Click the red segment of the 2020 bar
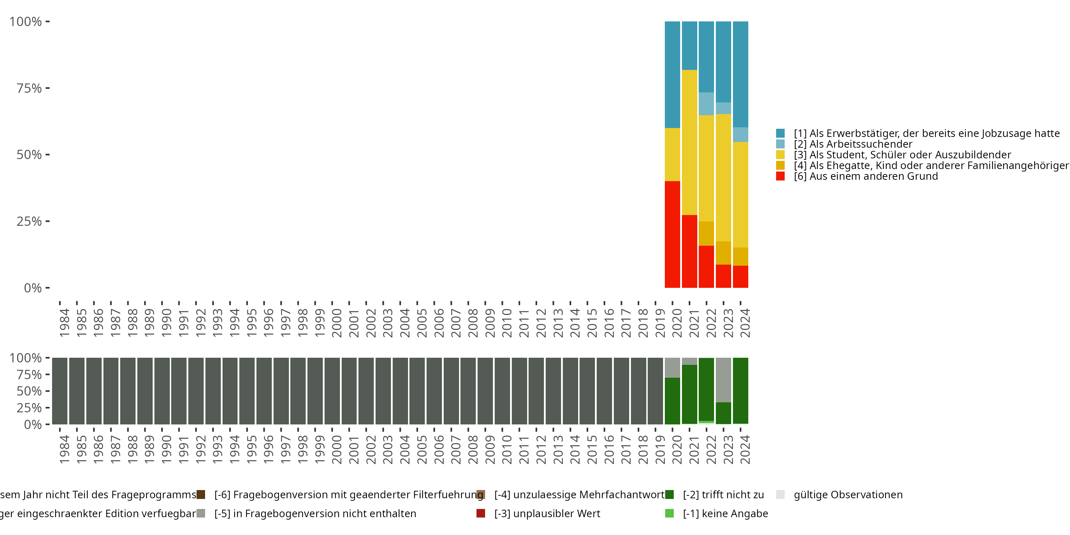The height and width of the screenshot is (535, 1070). tap(672, 234)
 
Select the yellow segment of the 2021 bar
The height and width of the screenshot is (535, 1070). tap(689, 142)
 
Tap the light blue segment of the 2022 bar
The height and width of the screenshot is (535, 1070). tap(706, 104)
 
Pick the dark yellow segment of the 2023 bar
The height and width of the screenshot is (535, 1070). tap(723, 253)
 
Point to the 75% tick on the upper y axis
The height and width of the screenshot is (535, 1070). tap(47, 88)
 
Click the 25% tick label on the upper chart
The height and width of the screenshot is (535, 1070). tap(29, 221)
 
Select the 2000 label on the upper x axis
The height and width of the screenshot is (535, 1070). tap(336, 323)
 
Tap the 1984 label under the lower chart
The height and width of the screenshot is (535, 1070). tap(65, 449)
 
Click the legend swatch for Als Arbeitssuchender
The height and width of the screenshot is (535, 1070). tap(780, 144)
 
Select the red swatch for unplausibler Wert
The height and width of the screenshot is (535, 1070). tap(480, 513)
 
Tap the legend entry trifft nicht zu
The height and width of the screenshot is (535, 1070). tap(723, 495)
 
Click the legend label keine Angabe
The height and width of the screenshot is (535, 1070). tap(725, 513)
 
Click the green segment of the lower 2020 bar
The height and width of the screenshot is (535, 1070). tap(672, 401)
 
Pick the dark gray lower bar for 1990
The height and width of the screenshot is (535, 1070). tap(162, 391)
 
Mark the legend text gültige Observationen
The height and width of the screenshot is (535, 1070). tap(848, 495)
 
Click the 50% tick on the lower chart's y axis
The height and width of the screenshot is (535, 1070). tap(47, 391)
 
